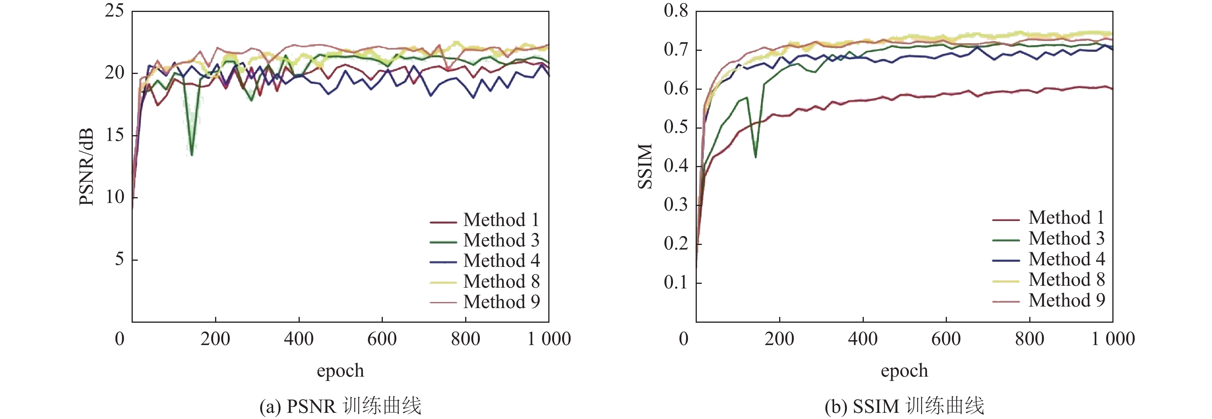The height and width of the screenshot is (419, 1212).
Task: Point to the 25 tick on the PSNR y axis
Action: pyautogui.click(x=114, y=10)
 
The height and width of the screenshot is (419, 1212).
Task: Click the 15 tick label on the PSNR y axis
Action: pyautogui.click(x=114, y=135)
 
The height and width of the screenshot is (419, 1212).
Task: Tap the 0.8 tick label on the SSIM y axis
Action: pyautogui.click(x=676, y=10)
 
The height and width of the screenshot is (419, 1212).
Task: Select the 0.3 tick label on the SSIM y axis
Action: pyautogui.click(x=676, y=205)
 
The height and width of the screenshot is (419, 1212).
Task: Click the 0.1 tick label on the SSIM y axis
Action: pyautogui.click(x=676, y=282)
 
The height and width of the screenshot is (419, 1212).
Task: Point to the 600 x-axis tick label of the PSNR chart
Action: pyautogui.click(x=382, y=339)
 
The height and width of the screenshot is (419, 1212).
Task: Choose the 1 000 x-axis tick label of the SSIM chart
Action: pyautogui.click(x=1113, y=339)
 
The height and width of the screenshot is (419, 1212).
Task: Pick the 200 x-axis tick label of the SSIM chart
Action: pyautogui.click(x=779, y=339)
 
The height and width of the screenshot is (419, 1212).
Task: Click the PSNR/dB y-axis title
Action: pyautogui.click(x=87, y=167)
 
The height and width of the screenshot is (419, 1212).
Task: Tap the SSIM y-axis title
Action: pyautogui.click(x=646, y=167)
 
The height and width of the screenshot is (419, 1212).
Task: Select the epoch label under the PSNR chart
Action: pyautogui.click(x=340, y=371)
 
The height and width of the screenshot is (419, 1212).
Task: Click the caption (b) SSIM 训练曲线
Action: pyautogui.click(x=904, y=406)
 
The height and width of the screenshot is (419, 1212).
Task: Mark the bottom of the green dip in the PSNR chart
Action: pyautogui.click(x=192, y=155)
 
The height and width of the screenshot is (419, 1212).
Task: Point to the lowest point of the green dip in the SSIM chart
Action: pyautogui.click(x=756, y=157)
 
